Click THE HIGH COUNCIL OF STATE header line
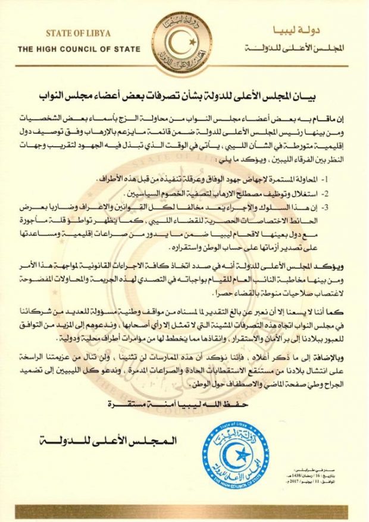pyautogui.click(x=79, y=49)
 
